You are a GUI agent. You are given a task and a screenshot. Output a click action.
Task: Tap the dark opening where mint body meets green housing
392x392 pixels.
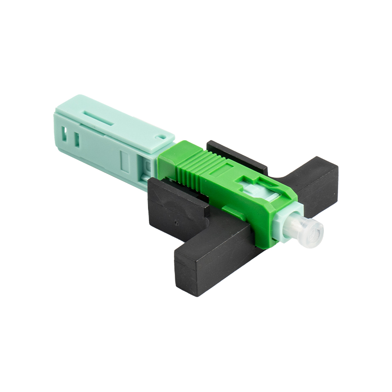[149, 169]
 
